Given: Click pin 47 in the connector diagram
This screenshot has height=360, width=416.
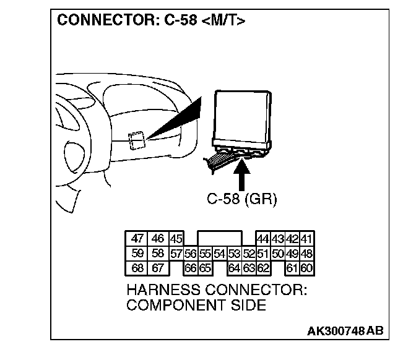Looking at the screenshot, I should pyautogui.click(x=138, y=238).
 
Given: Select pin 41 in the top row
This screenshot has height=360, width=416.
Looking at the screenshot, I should pyautogui.click(x=306, y=239).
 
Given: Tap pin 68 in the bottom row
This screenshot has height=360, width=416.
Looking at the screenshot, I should pyautogui.click(x=138, y=268).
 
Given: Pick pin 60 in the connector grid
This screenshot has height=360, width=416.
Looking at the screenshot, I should pyautogui.click(x=306, y=268).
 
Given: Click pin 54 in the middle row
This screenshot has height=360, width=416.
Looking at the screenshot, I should pyautogui.click(x=219, y=254).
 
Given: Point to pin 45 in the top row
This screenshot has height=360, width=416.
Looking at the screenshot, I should pyautogui.click(x=176, y=239).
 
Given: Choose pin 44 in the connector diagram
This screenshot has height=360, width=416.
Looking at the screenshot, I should pyautogui.click(x=262, y=239).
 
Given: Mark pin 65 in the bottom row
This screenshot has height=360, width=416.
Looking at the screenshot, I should pyautogui.click(x=205, y=268).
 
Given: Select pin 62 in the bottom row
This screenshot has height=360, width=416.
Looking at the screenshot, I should pyautogui.click(x=262, y=268).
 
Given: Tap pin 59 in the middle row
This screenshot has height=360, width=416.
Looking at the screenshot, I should pyautogui.click(x=138, y=253).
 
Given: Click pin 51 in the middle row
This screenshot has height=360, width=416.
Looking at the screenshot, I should pyautogui.click(x=262, y=254).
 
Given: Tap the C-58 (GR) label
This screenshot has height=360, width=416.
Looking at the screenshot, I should pyautogui.click(x=242, y=200).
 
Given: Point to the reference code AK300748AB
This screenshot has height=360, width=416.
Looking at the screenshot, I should pyautogui.click(x=345, y=330).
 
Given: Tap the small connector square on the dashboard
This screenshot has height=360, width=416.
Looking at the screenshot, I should pyautogui.click(x=137, y=140).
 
